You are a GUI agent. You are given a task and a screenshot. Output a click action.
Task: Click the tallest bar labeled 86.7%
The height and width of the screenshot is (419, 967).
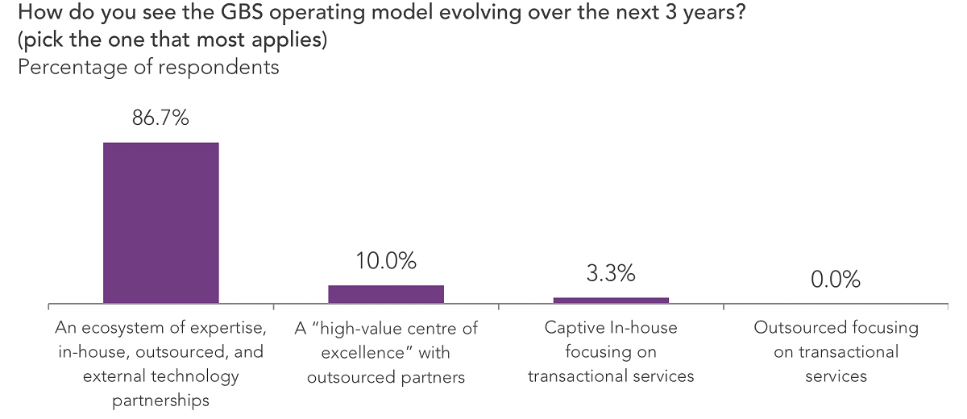pyautogui.click(x=160, y=223)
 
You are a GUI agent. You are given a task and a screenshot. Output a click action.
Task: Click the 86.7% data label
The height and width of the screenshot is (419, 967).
pyautogui.click(x=160, y=119)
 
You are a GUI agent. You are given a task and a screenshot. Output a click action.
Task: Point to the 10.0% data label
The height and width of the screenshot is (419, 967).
pyautogui.click(x=385, y=261)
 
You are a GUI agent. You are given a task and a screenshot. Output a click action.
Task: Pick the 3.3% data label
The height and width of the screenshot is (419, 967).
pyautogui.click(x=610, y=274)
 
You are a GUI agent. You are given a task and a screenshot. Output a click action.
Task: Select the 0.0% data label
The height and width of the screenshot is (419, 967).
pyautogui.click(x=835, y=280)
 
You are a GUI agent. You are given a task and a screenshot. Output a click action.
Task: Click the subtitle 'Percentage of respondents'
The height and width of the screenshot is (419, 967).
pyautogui.click(x=148, y=67)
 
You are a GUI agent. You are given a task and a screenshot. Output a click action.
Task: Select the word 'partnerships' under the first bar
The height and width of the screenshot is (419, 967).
pyautogui.click(x=160, y=400)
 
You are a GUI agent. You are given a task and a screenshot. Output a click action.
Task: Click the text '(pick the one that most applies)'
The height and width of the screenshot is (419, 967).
pyautogui.click(x=172, y=40)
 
